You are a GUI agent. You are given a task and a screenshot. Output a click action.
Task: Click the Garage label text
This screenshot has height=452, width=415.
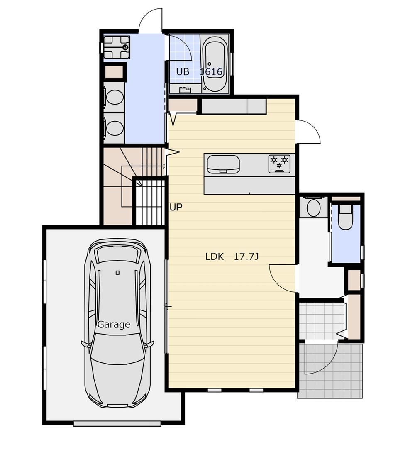pyautogui.click(x=114, y=325)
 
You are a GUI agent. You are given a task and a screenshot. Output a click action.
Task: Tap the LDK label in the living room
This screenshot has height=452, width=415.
pyautogui.click(x=215, y=257)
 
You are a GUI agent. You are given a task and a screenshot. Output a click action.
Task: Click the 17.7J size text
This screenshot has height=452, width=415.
pyautogui.click(x=246, y=257)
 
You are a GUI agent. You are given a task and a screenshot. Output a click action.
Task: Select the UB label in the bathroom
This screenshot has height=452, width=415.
pyautogui.click(x=183, y=71)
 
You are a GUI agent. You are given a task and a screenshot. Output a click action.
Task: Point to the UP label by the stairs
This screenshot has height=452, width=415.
pyautogui.click(x=176, y=207)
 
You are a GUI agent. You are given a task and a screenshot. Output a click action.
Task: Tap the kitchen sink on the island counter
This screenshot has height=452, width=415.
pyautogui.click(x=223, y=164)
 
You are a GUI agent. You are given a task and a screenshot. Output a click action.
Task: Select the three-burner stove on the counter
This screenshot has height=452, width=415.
pyautogui.click(x=279, y=164)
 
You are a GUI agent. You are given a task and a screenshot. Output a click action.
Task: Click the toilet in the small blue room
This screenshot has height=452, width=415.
pyautogui.click(x=346, y=217)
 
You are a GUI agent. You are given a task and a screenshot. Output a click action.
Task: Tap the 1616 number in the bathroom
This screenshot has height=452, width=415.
pyautogui.click(x=211, y=71)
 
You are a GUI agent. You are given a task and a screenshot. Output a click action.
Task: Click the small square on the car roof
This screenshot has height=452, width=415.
pyautogui.click(x=117, y=272)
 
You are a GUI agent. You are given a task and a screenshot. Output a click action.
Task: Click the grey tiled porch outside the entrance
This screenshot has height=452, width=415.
pyautogui.click(x=330, y=371)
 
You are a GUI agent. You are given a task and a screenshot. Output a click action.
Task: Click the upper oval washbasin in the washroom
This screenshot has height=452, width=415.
pyautogui.click(x=115, y=97)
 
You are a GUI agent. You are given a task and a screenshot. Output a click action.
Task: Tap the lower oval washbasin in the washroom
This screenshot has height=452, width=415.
pyautogui.click(x=115, y=128)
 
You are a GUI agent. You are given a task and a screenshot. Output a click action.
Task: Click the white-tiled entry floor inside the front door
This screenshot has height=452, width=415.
pyautogui.click(x=322, y=321)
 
